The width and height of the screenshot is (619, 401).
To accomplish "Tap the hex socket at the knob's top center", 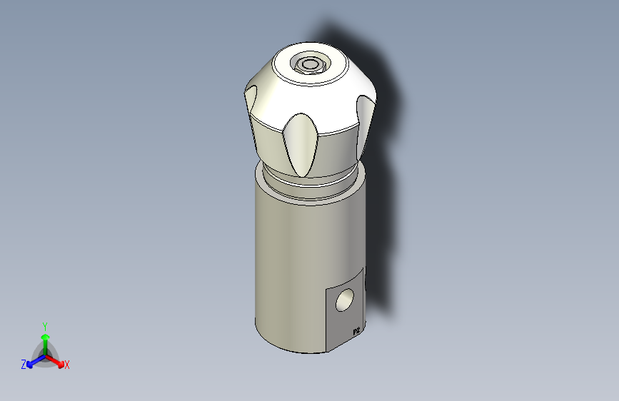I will [310, 65].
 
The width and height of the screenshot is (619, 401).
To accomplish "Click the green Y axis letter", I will [45, 325].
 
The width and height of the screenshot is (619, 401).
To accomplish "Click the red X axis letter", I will [67, 365].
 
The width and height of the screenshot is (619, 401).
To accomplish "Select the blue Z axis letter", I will [24, 365].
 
